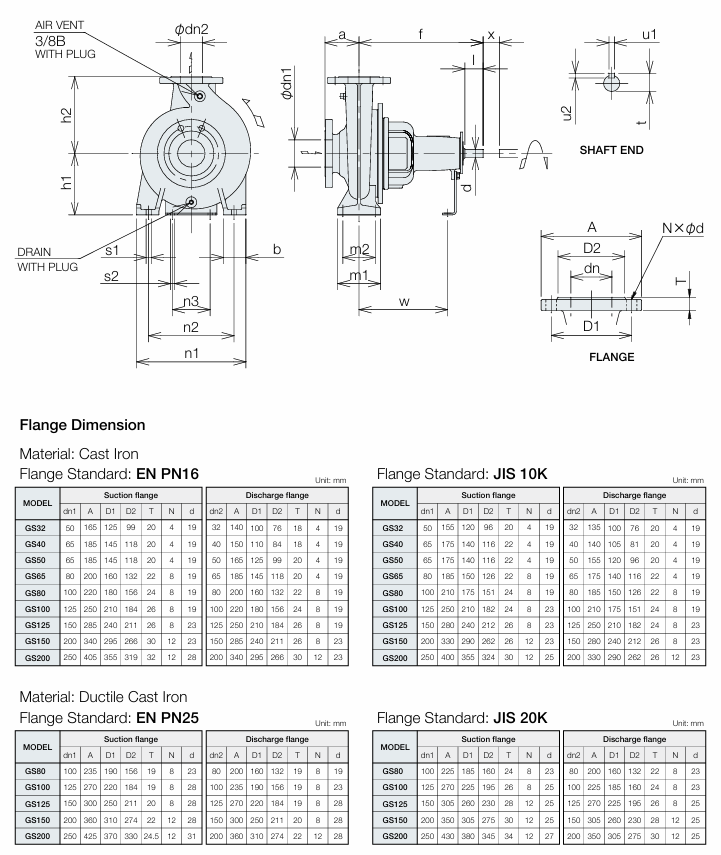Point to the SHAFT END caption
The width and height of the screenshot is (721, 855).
point(611,151)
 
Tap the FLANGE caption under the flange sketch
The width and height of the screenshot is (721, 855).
point(611,357)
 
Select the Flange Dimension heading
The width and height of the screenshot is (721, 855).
point(82,425)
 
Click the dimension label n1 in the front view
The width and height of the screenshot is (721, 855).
point(191,353)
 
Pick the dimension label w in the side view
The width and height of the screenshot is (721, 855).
point(404,301)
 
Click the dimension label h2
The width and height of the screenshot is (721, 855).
point(67,115)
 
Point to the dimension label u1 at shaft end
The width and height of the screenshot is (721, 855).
point(650,34)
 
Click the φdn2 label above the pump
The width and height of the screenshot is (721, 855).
point(192,29)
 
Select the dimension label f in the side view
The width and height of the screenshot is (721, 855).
point(421,34)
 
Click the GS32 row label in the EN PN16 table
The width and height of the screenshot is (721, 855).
point(35,526)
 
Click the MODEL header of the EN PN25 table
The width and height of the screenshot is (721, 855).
point(37,747)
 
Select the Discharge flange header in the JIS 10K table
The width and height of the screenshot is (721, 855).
point(634,495)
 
